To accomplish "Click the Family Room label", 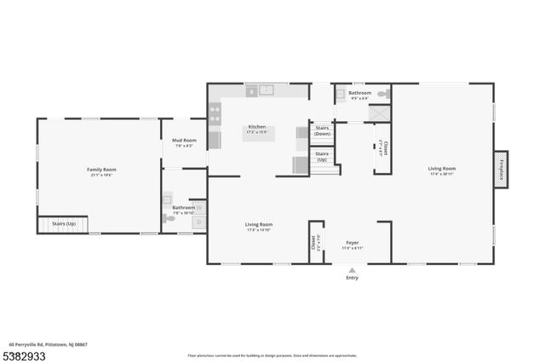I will [x=101, y=170].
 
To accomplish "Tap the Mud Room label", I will [x=184, y=141].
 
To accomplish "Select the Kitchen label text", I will [x=256, y=127].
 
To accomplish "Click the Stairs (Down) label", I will [x=322, y=132].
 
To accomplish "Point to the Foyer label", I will [x=352, y=243].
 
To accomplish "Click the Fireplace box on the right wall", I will [x=501, y=170].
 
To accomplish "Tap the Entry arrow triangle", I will [x=352, y=270].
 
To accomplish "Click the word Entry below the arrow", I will [x=352, y=278].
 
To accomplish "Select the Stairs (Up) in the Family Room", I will [x=64, y=224].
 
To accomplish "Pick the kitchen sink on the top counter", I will [x=266, y=89].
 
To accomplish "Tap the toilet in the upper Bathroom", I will [x=382, y=93].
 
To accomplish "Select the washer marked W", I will [x=199, y=207].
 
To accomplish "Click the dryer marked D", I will [x=199, y=222].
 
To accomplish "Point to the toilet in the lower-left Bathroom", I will [x=170, y=218].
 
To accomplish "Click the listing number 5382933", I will [x=26, y=354].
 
